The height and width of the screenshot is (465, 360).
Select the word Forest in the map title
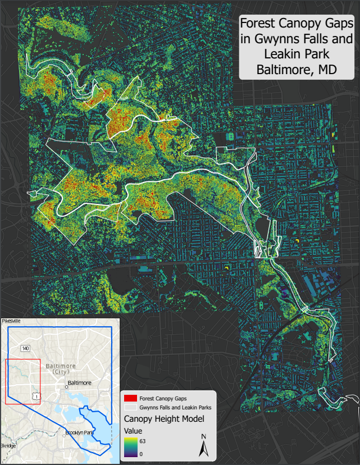pyautogui.click(x=261, y=24)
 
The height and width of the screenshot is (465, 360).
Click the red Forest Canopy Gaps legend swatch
pyautogui.click(x=130, y=398)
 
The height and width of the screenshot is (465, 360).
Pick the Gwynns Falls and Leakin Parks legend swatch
pyautogui.click(x=130, y=407)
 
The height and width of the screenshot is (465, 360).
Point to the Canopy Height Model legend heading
pyautogui.click(x=163, y=419)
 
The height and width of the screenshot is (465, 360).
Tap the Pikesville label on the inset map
pyautogui.click(x=11, y=320)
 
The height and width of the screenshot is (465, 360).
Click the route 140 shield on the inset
pyautogui.click(x=25, y=348)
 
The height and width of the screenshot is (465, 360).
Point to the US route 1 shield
pyautogui.click(x=37, y=396)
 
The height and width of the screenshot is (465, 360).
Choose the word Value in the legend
pyautogui.click(x=133, y=430)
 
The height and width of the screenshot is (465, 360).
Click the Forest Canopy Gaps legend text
pyautogui.click(x=163, y=398)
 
